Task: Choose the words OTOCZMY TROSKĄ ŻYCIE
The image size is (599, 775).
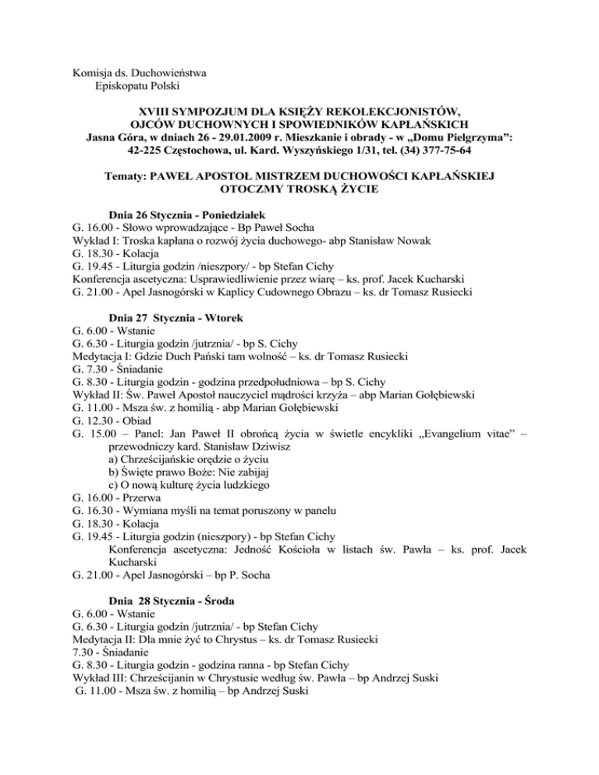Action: (299, 187)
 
